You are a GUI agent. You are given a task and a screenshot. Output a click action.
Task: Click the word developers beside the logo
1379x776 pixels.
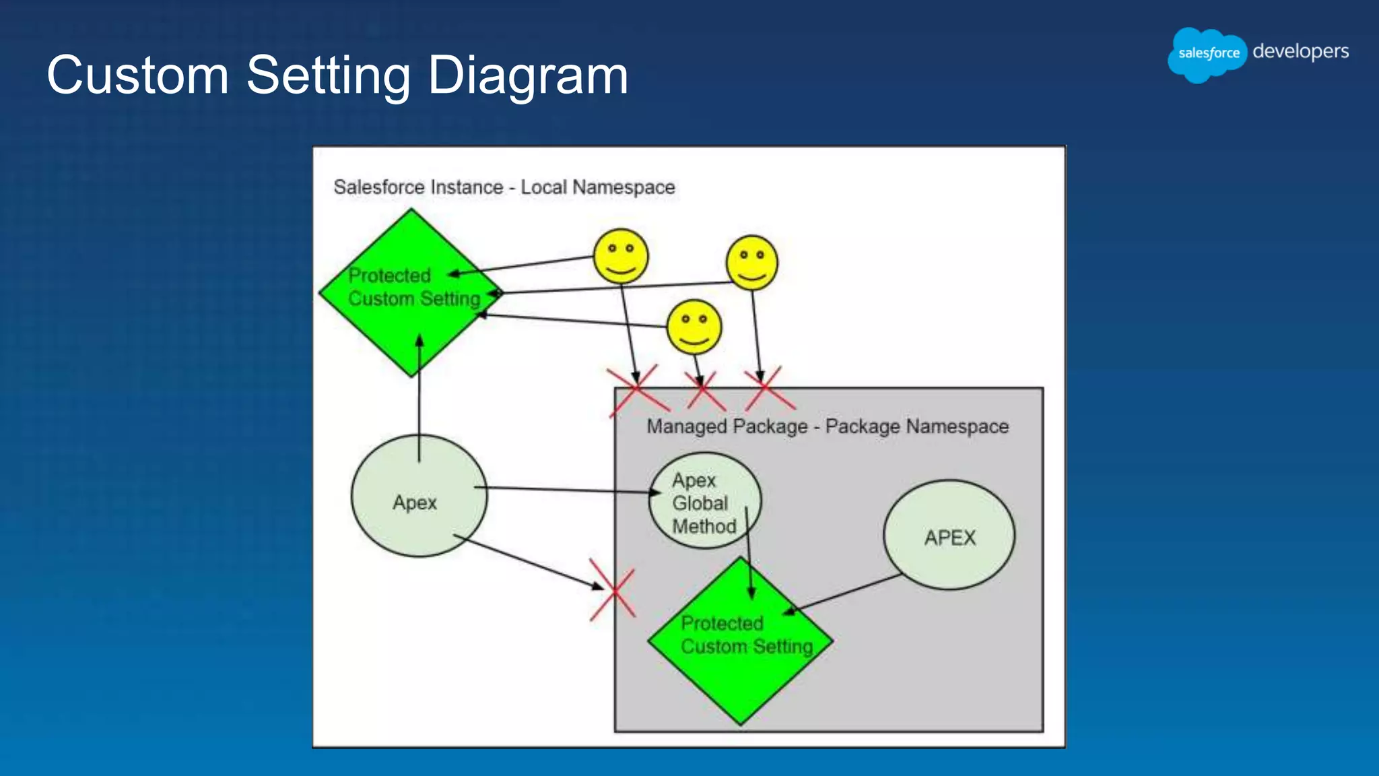click(x=1300, y=51)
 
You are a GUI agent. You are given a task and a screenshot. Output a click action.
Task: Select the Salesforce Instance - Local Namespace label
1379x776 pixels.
click(x=504, y=187)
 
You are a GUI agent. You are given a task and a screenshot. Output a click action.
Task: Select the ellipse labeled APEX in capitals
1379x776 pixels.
click(x=949, y=536)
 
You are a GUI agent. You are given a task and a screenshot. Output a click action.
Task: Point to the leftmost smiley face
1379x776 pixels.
click(x=620, y=257)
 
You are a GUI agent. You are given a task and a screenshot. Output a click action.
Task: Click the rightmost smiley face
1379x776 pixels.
click(x=751, y=263)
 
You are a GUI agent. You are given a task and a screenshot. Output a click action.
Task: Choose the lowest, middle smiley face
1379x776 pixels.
click(x=694, y=327)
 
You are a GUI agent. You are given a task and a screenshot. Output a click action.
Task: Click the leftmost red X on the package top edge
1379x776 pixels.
click(x=636, y=391)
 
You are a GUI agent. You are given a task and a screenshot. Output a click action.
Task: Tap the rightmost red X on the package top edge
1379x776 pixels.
click(x=767, y=390)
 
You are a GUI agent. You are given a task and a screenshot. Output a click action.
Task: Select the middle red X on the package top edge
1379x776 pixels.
click(x=704, y=391)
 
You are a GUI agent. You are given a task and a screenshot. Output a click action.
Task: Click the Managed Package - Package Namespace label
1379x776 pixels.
click(x=827, y=426)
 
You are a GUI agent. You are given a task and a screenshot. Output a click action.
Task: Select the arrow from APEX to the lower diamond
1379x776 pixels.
click(x=845, y=593)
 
